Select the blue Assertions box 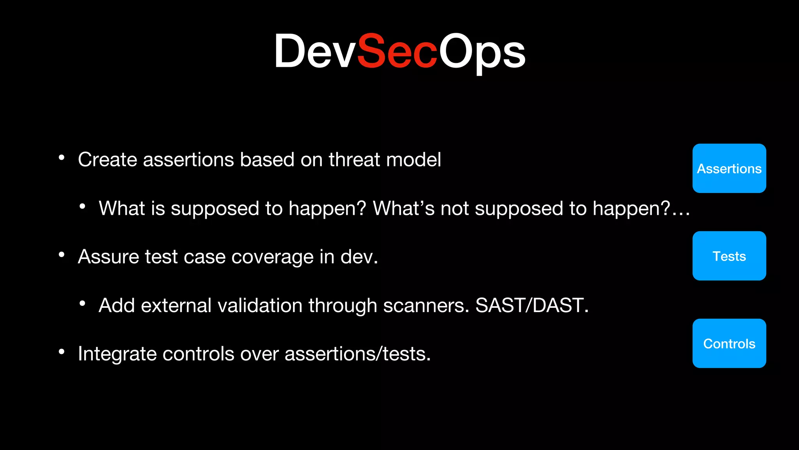click(x=729, y=168)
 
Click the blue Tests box click(x=729, y=256)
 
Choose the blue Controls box click(x=729, y=343)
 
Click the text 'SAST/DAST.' click(x=532, y=305)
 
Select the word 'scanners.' click(x=426, y=305)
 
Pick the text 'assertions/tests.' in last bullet click(x=357, y=354)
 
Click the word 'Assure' click(x=108, y=257)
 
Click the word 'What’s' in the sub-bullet click(x=403, y=208)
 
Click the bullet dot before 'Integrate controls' click(x=61, y=352)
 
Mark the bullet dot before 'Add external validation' click(x=82, y=303)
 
